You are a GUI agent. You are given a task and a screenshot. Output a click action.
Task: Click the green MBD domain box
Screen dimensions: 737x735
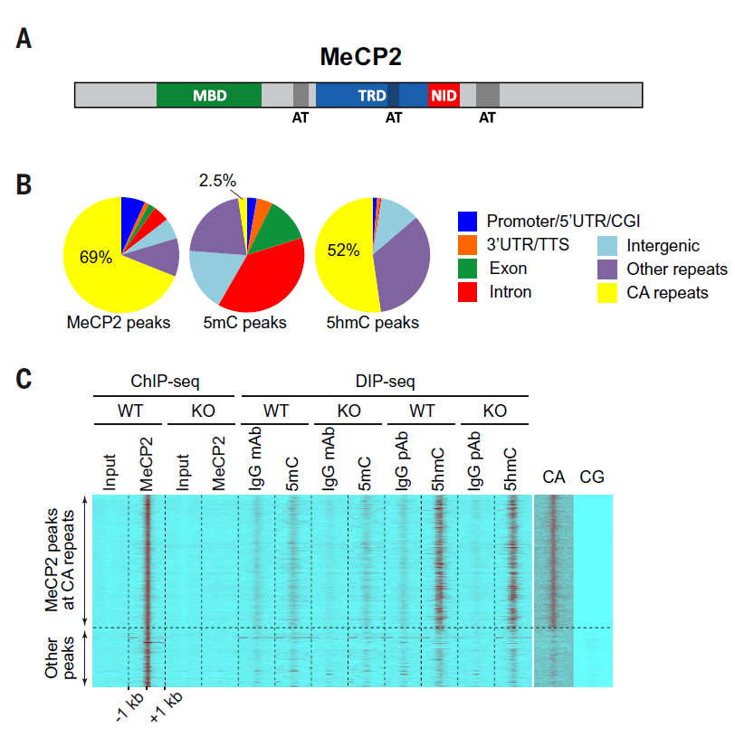[x=209, y=95]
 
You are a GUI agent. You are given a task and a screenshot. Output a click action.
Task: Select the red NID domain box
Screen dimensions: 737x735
[x=444, y=95]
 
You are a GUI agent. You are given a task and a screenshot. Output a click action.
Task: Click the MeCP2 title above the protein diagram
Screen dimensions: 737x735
[x=360, y=57]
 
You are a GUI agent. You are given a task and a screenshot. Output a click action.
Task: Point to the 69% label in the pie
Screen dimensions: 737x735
[x=95, y=258]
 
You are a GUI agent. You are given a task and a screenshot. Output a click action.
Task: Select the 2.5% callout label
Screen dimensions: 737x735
[x=217, y=182]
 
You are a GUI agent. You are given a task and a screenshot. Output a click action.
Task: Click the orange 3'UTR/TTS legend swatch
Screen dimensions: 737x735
[x=467, y=245]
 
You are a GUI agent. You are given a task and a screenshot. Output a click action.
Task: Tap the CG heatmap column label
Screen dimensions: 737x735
[x=592, y=477]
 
